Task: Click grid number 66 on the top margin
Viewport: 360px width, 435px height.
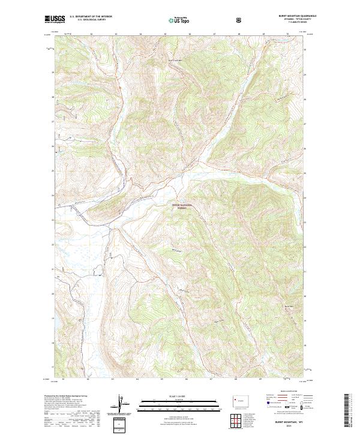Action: coord(190,34)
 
